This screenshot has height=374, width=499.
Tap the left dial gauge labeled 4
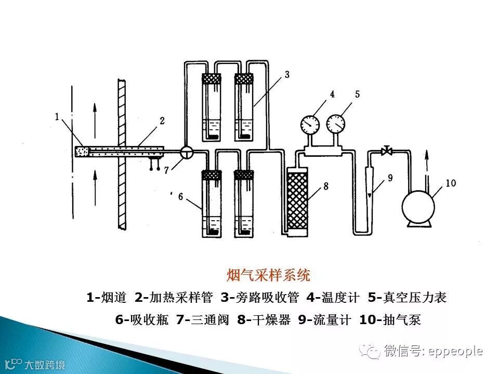(x=310, y=124)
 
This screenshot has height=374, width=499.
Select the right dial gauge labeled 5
(x=336, y=123)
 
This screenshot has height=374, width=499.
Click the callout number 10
(x=450, y=183)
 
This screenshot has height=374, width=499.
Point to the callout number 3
(x=286, y=75)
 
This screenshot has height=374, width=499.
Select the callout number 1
(x=57, y=117)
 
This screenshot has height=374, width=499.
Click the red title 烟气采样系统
(x=269, y=274)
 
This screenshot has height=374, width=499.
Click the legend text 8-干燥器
(x=264, y=320)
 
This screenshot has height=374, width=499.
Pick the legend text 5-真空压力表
(x=407, y=298)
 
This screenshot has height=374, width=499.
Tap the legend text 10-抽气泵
(x=390, y=320)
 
